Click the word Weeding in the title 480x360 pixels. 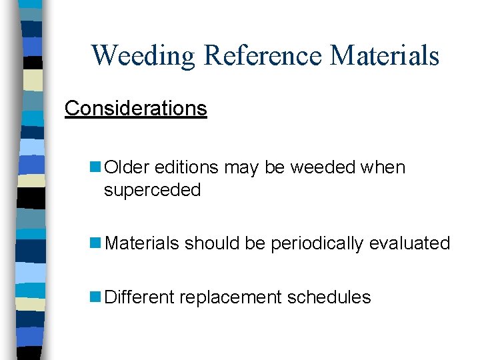pos(143,55)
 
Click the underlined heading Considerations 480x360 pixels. pos(136,108)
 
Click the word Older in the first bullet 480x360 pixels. pos(127,167)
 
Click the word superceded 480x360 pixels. pos(152,190)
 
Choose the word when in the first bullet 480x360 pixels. pos(383,167)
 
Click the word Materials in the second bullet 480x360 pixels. pos(142,243)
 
